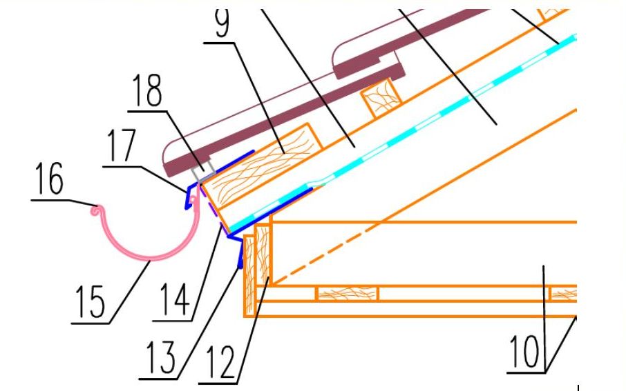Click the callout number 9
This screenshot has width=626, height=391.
pos(222,22)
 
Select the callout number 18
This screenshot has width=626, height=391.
pos(147,90)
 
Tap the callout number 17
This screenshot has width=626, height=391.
pos(122,146)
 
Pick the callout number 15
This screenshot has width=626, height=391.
pos(91,302)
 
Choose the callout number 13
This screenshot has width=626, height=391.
pos(160,357)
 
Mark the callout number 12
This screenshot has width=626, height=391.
pos(221,362)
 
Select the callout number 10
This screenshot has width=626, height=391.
pos(524,352)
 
